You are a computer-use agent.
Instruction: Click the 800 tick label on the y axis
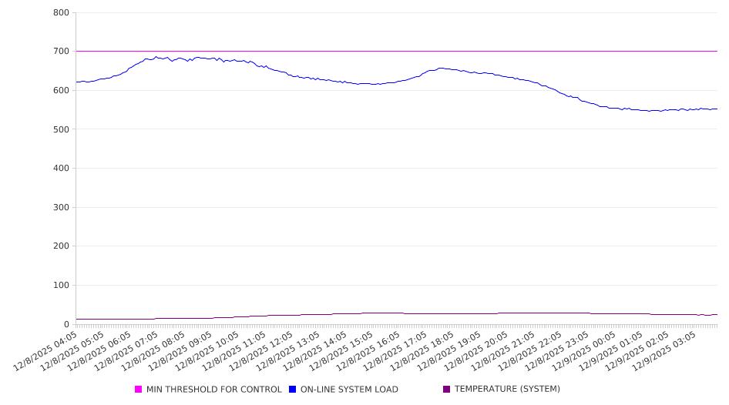tap(62, 12)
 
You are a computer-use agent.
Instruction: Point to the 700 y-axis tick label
tap(62, 52)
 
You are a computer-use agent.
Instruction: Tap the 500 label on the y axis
tap(62, 129)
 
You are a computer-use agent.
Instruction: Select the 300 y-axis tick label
tap(62, 207)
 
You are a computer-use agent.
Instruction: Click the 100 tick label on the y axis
tap(62, 286)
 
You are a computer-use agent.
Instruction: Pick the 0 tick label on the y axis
tap(67, 324)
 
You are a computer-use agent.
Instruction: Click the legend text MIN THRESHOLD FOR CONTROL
tap(213, 390)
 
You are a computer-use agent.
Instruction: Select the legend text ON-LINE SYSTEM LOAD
tap(349, 390)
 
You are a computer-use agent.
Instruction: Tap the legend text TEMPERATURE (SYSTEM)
tap(507, 390)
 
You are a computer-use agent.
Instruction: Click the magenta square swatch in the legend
tap(139, 390)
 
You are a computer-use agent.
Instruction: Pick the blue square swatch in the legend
tap(293, 390)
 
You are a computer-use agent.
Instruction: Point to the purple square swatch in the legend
tap(447, 390)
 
